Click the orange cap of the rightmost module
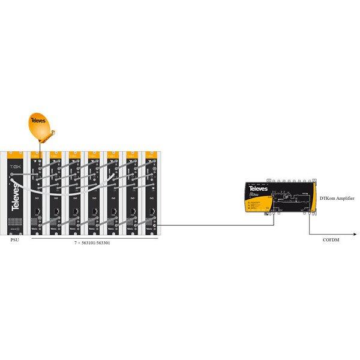[x=150, y=155]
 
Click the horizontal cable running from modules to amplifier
[x=216, y=227]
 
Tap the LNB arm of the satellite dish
[x=47, y=139]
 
